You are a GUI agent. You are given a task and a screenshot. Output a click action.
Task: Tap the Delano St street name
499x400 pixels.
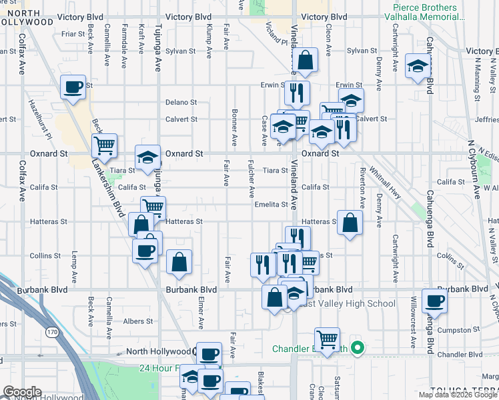point(181,103)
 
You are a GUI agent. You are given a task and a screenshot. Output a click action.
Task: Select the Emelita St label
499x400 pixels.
point(270,205)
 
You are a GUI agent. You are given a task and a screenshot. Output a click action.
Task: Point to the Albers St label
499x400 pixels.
point(138,321)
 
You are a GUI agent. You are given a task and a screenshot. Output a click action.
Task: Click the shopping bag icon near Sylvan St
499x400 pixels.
point(305,61)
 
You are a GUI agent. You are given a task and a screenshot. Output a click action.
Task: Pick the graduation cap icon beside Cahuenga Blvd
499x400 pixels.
point(417,66)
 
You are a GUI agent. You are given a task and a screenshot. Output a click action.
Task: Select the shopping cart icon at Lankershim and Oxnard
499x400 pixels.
point(104,144)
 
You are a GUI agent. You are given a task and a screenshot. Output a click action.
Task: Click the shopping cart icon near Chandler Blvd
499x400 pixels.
point(327,339)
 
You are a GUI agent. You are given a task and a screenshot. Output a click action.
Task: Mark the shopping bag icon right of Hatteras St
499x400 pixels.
point(350,223)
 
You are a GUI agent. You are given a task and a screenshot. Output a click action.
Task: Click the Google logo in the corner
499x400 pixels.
point(22,392)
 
